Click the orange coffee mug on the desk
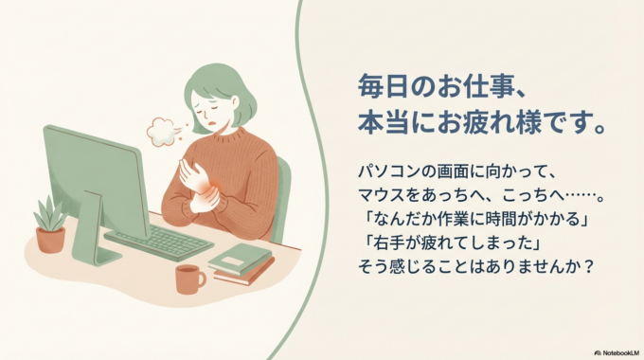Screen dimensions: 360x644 coord(188,279)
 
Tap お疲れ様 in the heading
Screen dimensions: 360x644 coord(519,122)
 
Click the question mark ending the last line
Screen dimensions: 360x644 coord(589,267)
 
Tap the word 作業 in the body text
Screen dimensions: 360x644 coord(466,220)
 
